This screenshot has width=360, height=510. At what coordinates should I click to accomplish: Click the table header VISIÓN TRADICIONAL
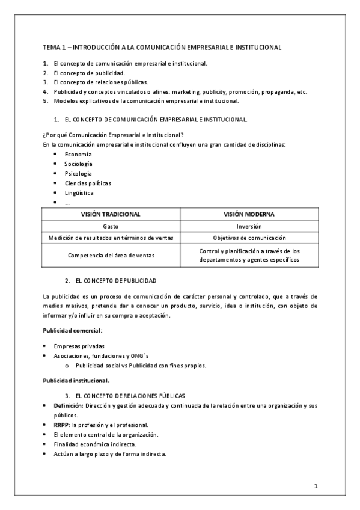111,214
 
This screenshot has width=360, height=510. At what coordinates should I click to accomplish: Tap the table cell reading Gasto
111,226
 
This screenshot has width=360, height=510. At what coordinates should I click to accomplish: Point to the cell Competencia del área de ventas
111,255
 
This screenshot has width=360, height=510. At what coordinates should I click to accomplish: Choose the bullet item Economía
78,154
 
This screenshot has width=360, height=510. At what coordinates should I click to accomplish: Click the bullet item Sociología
79,164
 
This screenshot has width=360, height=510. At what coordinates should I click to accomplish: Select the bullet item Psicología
78,173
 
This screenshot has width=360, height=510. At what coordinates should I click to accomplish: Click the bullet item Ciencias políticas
88,183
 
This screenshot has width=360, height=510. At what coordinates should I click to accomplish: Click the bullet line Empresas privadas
79,346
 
